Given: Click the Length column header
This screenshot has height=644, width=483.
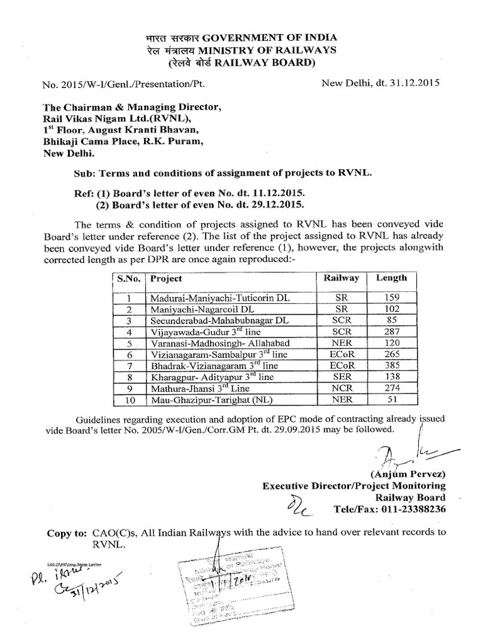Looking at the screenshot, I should pyautogui.click(x=391, y=277).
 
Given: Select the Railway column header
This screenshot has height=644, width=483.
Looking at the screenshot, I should pyautogui.click(x=341, y=277).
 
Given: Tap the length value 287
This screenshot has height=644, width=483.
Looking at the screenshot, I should pyautogui.click(x=391, y=332).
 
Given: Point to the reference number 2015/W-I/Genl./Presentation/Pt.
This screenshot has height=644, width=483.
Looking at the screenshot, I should pyautogui.click(x=130, y=82).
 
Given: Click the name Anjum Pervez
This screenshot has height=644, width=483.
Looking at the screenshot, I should pyautogui.click(x=409, y=473).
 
